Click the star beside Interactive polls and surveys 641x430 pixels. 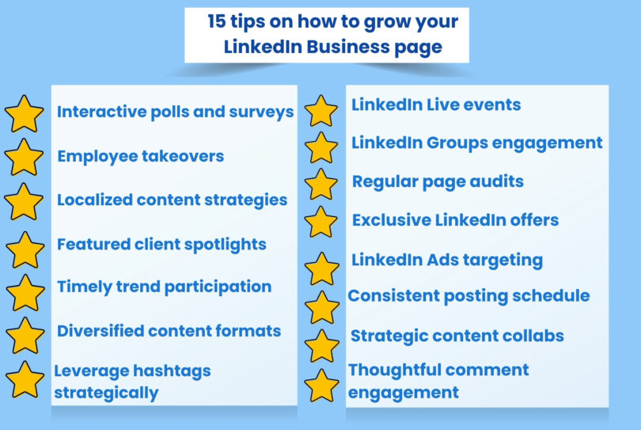(x=25, y=113)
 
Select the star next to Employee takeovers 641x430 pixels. (x=25, y=157)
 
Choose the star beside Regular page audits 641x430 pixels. (x=320, y=184)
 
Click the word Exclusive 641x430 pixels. (x=391, y=219)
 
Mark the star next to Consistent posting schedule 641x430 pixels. (x=321, y=306)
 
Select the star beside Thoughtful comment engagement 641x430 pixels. (x=321, y=385)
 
